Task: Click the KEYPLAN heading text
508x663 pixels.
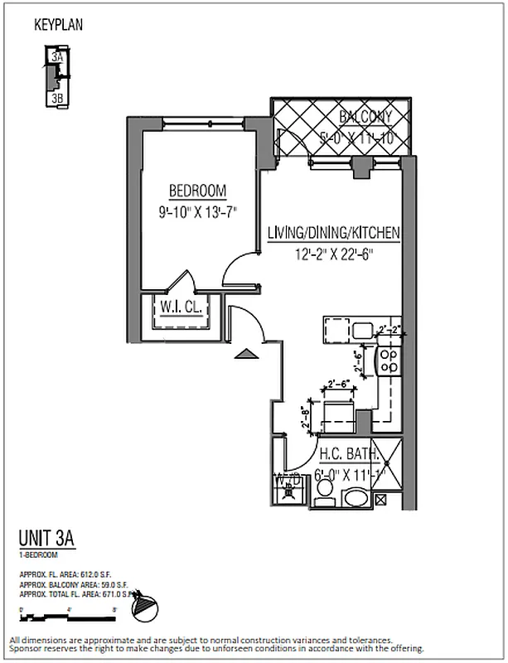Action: tap(58, 26)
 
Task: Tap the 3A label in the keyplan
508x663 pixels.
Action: tap(56, 58)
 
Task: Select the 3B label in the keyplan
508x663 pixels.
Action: tap(57, 98)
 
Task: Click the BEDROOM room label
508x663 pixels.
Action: tap(197, 191)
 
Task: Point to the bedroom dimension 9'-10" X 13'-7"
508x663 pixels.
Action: tap(197, 211)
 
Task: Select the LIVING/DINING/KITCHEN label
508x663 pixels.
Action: tap(333, 234)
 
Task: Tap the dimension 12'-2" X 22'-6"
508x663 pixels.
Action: tap(333, 254)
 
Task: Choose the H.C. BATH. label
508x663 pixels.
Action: tap(350, 454)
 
